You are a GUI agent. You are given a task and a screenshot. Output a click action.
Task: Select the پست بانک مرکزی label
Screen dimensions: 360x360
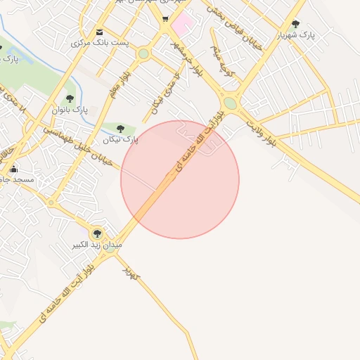[x=100, y=43]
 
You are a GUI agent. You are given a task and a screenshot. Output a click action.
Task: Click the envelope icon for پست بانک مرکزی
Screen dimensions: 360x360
[x=99, y=32]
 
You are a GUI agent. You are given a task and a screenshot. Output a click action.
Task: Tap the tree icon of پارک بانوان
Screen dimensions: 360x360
[x=70, y=98]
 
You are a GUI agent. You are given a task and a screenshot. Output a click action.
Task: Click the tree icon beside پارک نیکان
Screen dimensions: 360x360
[x=120, y=129]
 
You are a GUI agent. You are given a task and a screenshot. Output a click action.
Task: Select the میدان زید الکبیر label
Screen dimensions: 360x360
[x=96, y=245]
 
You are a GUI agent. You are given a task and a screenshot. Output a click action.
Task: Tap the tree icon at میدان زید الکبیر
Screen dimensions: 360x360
[x=97, y=233]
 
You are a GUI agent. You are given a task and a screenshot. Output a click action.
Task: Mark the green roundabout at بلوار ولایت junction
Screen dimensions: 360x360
[x=230, y=103]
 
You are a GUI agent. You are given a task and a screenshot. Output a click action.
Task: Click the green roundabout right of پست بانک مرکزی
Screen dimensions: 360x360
[x=143, y=53]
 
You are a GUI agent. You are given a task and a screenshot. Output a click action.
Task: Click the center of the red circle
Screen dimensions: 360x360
[x=180, y=179]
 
